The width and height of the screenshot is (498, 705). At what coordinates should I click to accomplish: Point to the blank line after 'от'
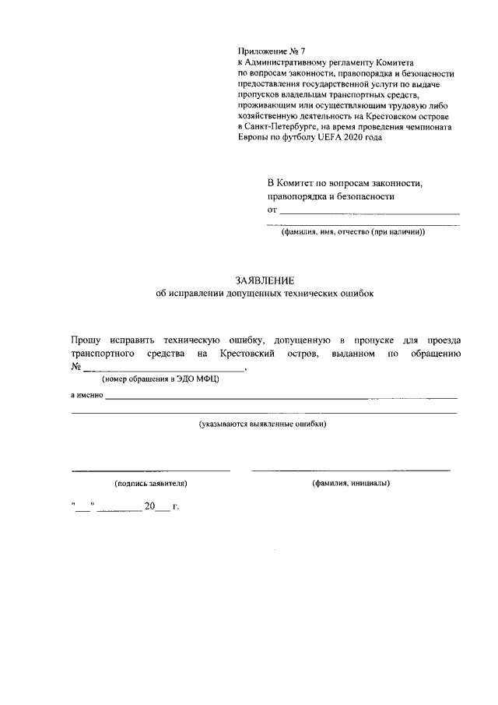(x=369, y=211)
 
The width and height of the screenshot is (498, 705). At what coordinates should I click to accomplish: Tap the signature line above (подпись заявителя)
(x=151, y=470)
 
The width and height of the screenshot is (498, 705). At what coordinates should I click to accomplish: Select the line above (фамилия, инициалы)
(x=350, y=470)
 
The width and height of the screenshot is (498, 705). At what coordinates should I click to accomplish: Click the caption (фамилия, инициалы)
(x=350, y=483)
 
